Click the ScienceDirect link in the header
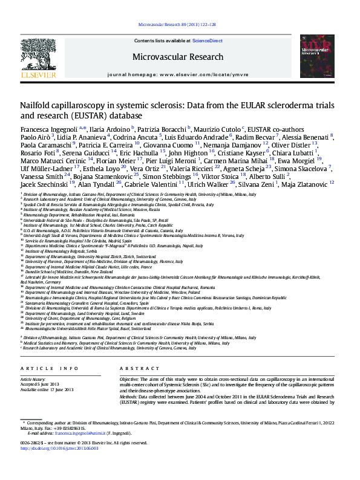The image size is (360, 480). (x=207, y=41)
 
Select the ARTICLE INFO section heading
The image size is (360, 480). (x=50, y=368)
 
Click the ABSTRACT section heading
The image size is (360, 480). (x=139, y=368)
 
